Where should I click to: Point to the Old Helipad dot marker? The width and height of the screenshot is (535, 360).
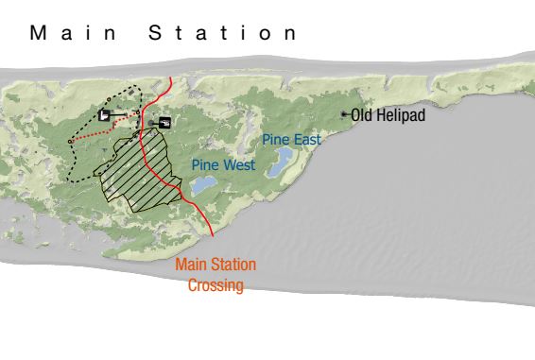pyautogui.click(x=344, y=114)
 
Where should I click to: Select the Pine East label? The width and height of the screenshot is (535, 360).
pyautogui.click(x=291, y=140)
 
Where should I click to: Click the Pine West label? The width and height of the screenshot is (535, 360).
pyautogui.click(x=223, y=164)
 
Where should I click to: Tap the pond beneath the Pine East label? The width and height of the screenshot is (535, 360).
pyautogui.click(x=279, y=169)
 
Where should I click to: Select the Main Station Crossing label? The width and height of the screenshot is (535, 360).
pyautogui.click(x=216, y=274)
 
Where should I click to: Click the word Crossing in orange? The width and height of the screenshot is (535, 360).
pyautogui.click(x=216, y=284)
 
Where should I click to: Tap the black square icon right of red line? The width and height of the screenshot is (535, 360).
pyautogui.click(x=166, y=122)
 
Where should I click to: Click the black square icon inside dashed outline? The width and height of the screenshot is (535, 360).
pyautogui.click(x=102, y=115)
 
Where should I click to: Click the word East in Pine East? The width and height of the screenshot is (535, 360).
pyautogui.click(x=306, y=140)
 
